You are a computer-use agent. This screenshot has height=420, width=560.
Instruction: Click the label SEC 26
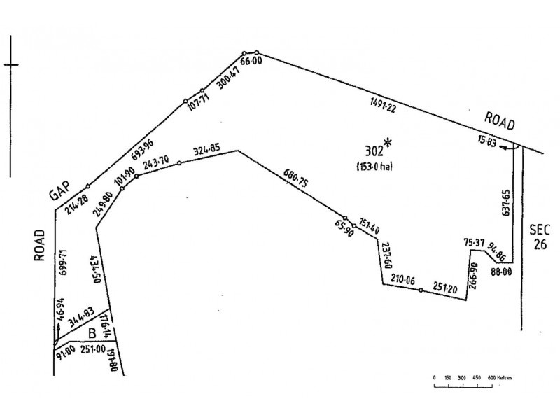point(540,237)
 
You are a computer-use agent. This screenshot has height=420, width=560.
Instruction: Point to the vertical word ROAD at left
point(38,245)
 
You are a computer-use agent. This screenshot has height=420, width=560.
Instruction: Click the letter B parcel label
point(92,333)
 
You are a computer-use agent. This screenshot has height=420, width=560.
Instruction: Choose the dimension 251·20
point(445,288)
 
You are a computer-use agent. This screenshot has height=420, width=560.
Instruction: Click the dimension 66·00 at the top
point(250,62)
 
